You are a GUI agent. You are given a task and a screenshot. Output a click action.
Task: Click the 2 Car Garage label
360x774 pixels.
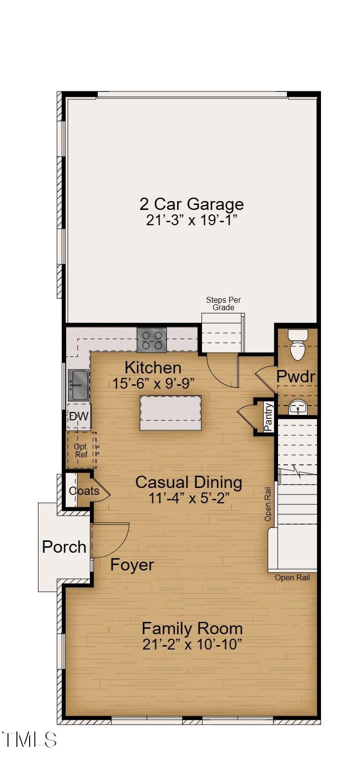[x=192, y=204]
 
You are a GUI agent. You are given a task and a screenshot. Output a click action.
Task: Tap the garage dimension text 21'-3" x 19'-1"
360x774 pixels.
[x=193, y=220]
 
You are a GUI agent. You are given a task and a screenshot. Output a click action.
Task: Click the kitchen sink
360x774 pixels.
[x=79, y=385]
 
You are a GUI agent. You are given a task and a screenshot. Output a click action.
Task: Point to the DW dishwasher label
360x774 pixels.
[x=79, y=416]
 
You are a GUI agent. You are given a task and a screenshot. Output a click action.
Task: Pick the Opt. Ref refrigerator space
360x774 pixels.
[x=81, y=450]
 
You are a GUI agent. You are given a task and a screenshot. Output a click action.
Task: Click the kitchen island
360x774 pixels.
[x=171, y=413]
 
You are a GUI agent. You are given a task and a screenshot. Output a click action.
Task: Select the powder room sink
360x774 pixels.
[x=297, y=407]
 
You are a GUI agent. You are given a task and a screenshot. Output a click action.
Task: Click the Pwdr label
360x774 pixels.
[x=296, y=376]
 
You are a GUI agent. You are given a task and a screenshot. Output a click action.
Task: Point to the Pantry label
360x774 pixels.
[x=268, y=417]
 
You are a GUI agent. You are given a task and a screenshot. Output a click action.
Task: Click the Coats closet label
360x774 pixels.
[x=84, y=490]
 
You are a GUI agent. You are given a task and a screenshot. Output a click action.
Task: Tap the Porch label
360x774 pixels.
[x=64, y=547]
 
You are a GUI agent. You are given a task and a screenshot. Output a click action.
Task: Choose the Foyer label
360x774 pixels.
[x=132, y=565]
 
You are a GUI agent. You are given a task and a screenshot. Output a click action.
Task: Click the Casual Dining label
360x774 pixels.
[x=189, y=483]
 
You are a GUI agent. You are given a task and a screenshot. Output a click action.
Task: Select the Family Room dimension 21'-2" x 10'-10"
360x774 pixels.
[x=192, y=645]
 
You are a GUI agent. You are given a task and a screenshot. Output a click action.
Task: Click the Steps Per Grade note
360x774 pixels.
[x=223, y=303]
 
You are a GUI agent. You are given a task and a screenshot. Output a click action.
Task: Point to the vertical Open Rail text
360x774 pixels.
[x=268, y=504]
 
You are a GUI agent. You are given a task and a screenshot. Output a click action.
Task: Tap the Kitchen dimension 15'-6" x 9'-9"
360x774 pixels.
[x=154, y=383]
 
